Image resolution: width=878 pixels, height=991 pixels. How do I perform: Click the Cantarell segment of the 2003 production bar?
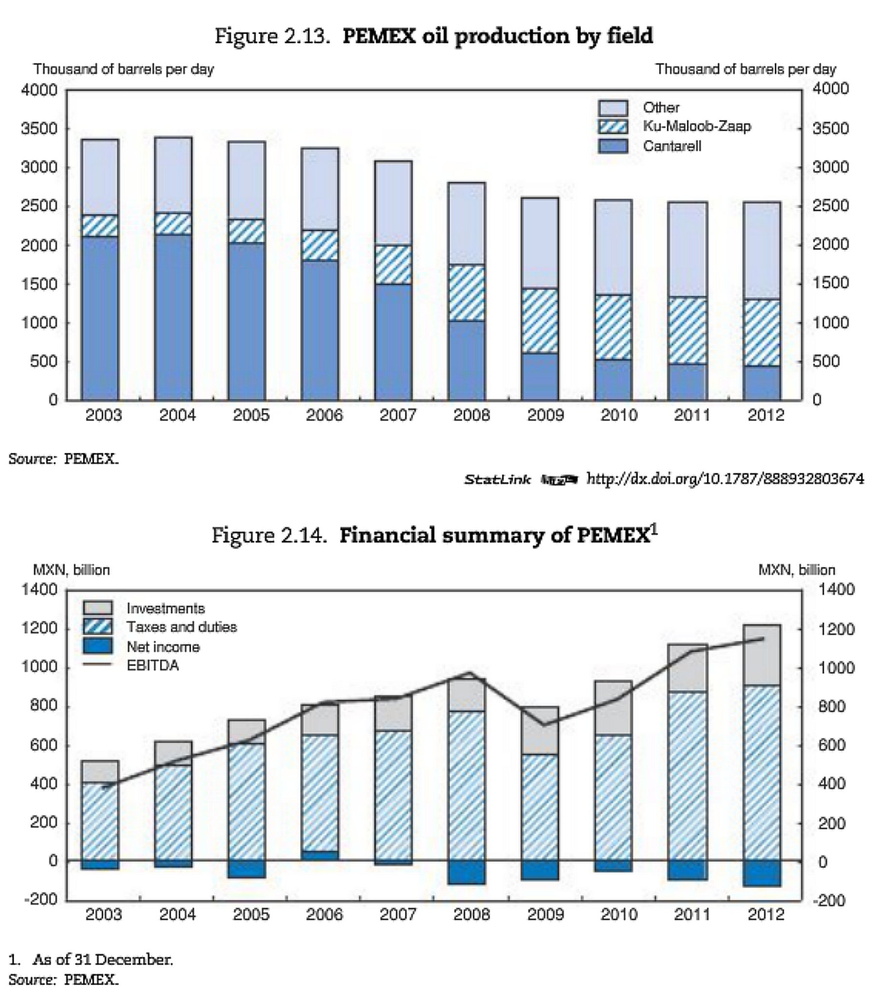(x=100, y=319)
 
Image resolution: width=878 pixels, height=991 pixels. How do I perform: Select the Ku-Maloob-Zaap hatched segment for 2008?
(x=467, y=293)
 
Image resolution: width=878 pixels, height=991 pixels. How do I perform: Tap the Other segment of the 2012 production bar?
(x=761, y=251)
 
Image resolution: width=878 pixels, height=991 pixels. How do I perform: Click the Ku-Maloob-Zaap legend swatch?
(x=613, y=126)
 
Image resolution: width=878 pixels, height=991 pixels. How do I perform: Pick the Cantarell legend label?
(x=672, y=146)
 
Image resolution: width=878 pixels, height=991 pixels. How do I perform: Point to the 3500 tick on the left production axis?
(x=39, y=129)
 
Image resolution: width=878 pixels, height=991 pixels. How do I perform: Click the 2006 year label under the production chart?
(x=324, y=415)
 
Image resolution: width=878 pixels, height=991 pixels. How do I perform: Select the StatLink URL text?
(x=725, y=479)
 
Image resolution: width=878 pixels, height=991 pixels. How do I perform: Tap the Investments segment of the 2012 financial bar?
(x=761, y=655)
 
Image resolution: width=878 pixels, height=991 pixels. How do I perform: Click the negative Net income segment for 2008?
(x=467, y=872)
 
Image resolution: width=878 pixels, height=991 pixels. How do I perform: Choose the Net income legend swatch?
(x=98, y=646)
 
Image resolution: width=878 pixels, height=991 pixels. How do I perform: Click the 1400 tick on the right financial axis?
(x=836, y=590)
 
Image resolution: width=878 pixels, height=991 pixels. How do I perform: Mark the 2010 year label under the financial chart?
(x=619, y=914)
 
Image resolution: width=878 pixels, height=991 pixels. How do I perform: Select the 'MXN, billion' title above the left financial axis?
(x=71, y=570)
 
